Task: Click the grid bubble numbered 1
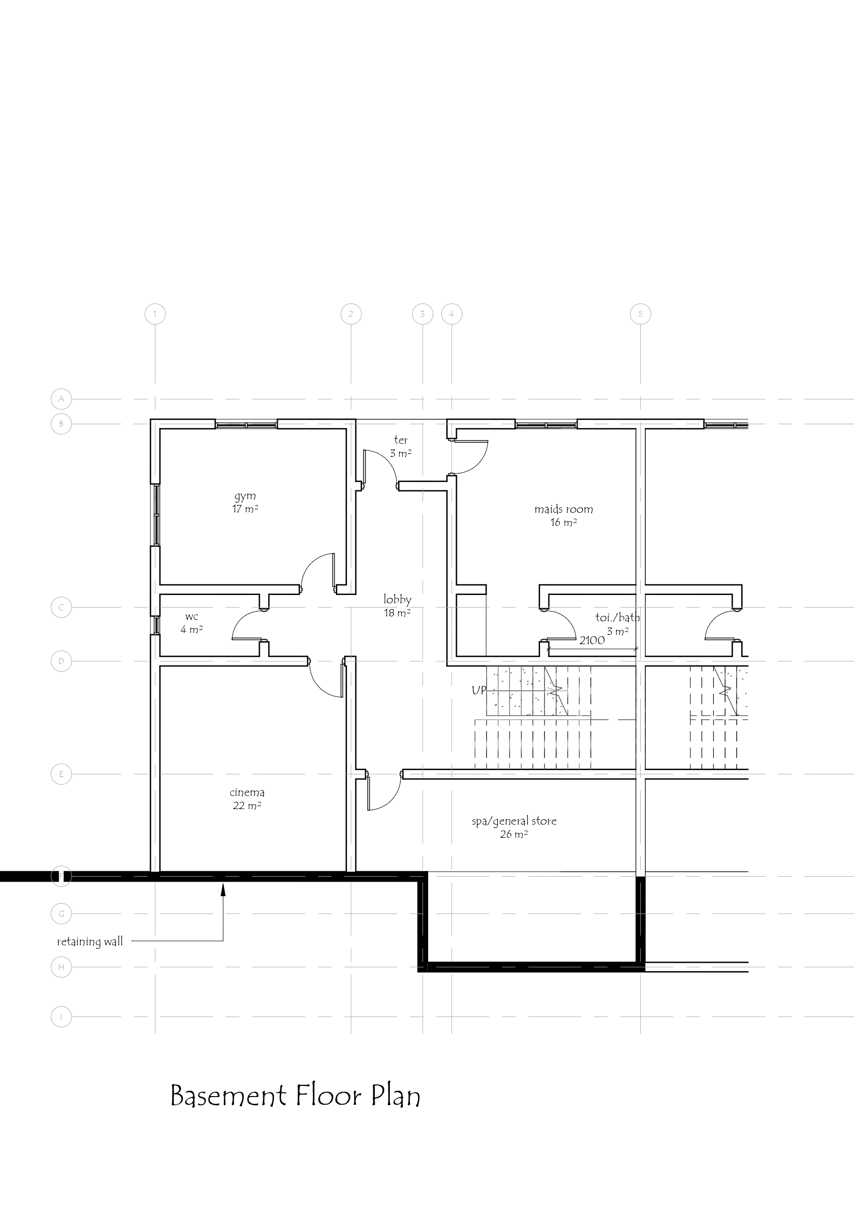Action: [x=155, y=314]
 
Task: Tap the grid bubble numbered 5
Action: [x=640, y=314]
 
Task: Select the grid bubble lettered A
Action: [x=61, y=399]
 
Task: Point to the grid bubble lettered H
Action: [x=61, y=967]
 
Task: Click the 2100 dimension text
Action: [x=592, y=640]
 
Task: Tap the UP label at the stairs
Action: [x=478, y=690]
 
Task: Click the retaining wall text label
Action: [x=90, y=941]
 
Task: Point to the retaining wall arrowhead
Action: [x=223, y=889]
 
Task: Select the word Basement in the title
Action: [x=228, y=1097]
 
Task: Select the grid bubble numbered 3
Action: [x=422, y=314]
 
